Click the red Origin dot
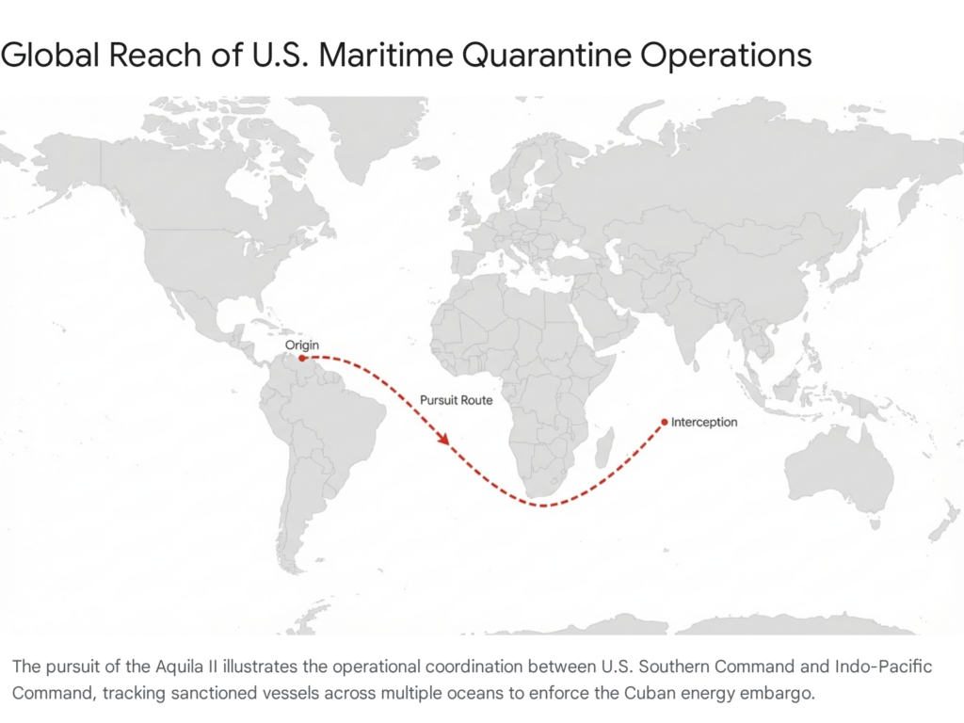(x=301, y=358)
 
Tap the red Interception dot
(x=664, y=422)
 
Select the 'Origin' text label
(x=301, y=345)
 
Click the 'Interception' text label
(x=704, y=423)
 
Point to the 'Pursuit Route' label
(x=456, y=400)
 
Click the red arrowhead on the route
(x=442, y=439)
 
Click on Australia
(x=838, y=471)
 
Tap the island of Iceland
(x=426, y=162)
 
